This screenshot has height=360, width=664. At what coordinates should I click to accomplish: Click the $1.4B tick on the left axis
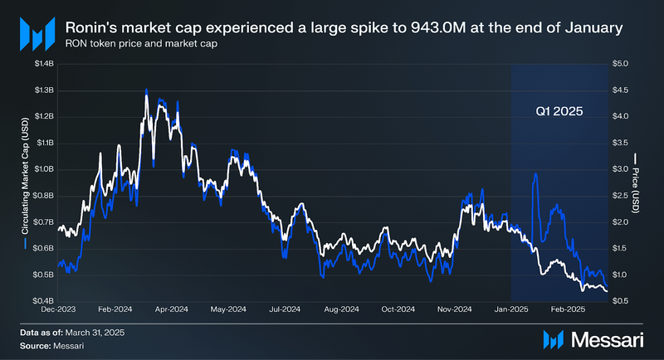pos(42,63)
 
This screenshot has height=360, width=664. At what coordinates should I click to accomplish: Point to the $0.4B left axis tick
pos(42,300)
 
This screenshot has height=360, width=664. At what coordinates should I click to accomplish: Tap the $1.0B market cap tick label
pos(42,168)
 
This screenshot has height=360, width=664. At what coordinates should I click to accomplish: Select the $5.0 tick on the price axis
pos(621,63)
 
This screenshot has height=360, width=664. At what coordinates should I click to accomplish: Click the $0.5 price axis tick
pos(621,300)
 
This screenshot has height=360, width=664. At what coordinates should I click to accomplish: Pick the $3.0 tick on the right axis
pos(621,168)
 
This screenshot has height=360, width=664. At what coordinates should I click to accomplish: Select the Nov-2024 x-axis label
pos(456,309)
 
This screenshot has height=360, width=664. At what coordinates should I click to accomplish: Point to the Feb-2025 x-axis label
pos(569,309)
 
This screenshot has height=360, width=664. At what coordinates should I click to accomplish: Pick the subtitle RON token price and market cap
pos(148,44)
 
